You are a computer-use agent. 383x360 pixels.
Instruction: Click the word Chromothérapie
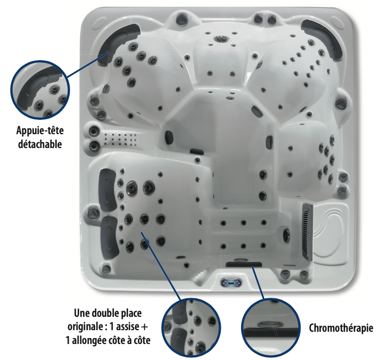pos(341,328)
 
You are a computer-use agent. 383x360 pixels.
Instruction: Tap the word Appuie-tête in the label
pos(40,130)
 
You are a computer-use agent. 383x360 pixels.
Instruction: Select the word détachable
pos(40,144)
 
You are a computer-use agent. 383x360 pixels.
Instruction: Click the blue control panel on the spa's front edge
pos(231,283)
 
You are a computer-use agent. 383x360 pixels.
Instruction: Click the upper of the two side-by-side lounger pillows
pos(107,189)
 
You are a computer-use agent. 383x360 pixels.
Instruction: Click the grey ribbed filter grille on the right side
pos(307,232)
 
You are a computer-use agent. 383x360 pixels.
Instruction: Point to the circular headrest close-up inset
pos(40,90)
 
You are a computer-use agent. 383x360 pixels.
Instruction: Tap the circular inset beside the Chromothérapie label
pos(271,328)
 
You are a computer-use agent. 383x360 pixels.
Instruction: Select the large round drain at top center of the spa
pos(221,39)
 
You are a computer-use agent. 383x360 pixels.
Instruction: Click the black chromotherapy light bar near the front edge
pos(244,264)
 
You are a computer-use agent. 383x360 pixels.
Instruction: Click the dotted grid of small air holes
pos(120,140)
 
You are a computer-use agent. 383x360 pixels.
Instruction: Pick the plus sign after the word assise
pos(144,327)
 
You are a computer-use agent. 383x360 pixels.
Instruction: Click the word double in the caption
pos(107,313)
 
